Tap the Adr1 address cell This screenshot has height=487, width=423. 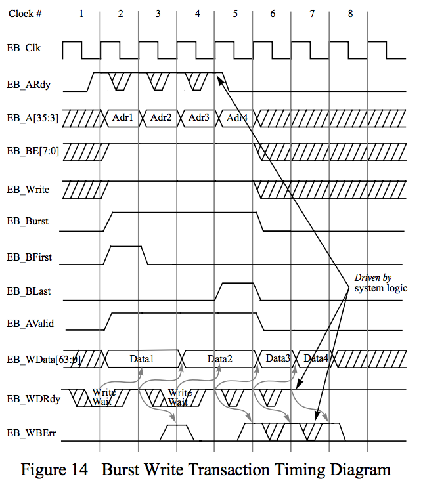tap(122, 118)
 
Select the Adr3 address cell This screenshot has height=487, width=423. tap(198, 118)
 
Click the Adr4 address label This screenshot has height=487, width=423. tap(236, 119)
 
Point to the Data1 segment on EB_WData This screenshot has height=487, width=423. tap(141, 359)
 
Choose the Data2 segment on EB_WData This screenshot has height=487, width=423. tap(220, 359)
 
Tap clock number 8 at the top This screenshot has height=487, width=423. tap(349, 13)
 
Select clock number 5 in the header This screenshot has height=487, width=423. tap(235, 13)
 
